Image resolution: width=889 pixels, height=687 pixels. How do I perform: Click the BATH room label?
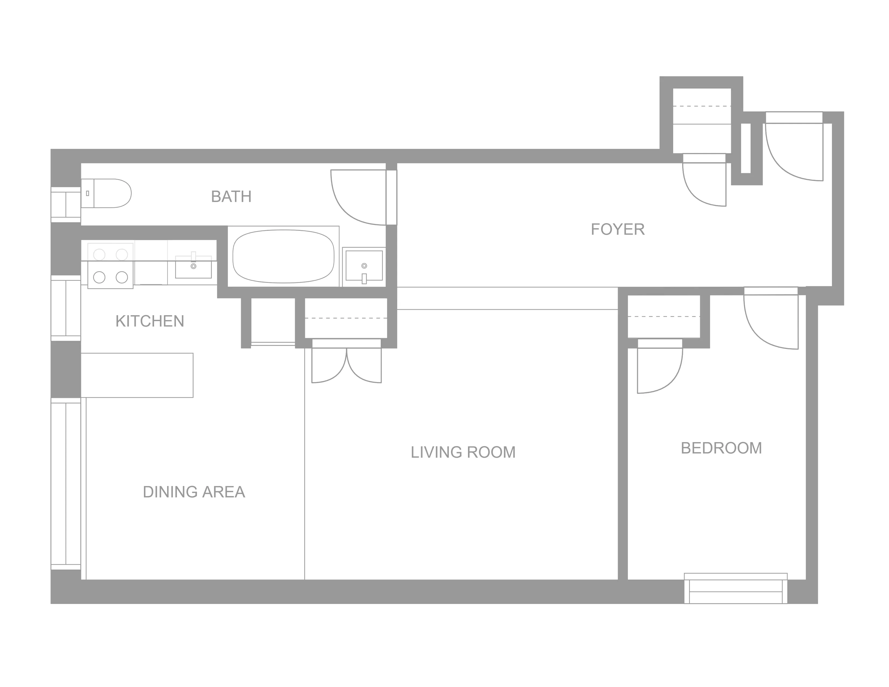point(231,197)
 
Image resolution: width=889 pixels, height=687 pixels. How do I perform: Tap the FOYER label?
point(617,230)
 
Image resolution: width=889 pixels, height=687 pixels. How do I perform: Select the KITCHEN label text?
point(150,321)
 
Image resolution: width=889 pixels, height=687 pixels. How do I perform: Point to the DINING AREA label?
point(194,492)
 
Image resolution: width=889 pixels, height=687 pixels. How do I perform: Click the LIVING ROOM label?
point(463,452)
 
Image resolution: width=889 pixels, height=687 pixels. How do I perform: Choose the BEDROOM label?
point(721,448)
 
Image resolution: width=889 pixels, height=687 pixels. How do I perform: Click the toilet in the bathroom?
point(106,193)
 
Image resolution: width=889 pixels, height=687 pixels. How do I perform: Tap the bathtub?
point(283,256)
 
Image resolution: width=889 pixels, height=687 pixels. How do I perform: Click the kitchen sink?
point(193,266)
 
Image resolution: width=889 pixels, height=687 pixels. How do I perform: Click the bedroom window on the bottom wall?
point(735,588)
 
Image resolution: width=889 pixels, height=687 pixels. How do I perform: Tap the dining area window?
point(66,484)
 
